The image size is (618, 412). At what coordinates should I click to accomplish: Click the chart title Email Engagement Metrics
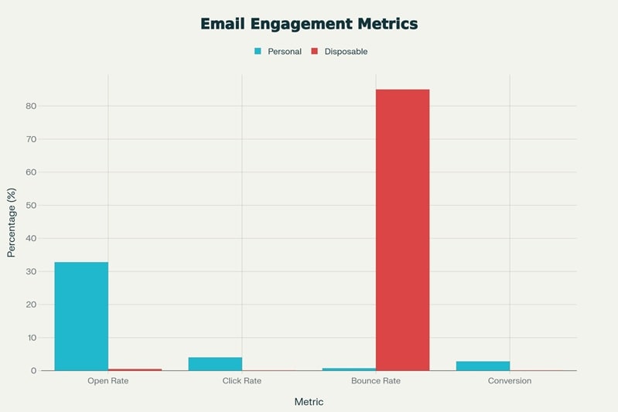click(x=309, y=24)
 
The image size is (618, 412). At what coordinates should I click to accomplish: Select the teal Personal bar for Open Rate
click(x=81, y=316)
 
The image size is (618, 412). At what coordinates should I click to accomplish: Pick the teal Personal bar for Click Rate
click(x=215, y=364)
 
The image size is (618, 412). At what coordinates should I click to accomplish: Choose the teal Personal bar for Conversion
click(x=483, y=366)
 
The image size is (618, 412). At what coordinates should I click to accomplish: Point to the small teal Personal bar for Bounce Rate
click(x=349, y=369)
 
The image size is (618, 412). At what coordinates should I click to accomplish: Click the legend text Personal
click(x=285, y=52)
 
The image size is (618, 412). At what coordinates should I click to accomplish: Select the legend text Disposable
click(x=346, y=52)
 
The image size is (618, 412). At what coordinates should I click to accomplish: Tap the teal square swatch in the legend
click(x=258, y=52)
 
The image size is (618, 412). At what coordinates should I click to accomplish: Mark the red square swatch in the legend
click(x=315, y=52)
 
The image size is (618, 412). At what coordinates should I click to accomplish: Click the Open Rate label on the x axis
click(x=108, y=381)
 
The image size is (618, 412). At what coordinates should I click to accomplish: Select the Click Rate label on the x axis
click(x=241, y=381)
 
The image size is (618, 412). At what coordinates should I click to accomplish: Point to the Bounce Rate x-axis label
click(x=375, y=381)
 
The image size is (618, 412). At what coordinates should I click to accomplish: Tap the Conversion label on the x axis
click(x=510, y=381)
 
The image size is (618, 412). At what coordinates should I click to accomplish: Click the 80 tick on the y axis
click(x=32, y=106)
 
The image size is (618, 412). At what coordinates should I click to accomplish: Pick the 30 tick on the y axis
click(x=32, y=271)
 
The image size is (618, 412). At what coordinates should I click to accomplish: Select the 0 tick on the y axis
click(x=34, y=371)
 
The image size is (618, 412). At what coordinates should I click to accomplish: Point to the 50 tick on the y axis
click(x=32, y=206)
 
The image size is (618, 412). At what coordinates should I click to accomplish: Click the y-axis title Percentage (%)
click(x=12, y=223)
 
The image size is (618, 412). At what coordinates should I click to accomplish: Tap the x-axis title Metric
click(x=309, y=402)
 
